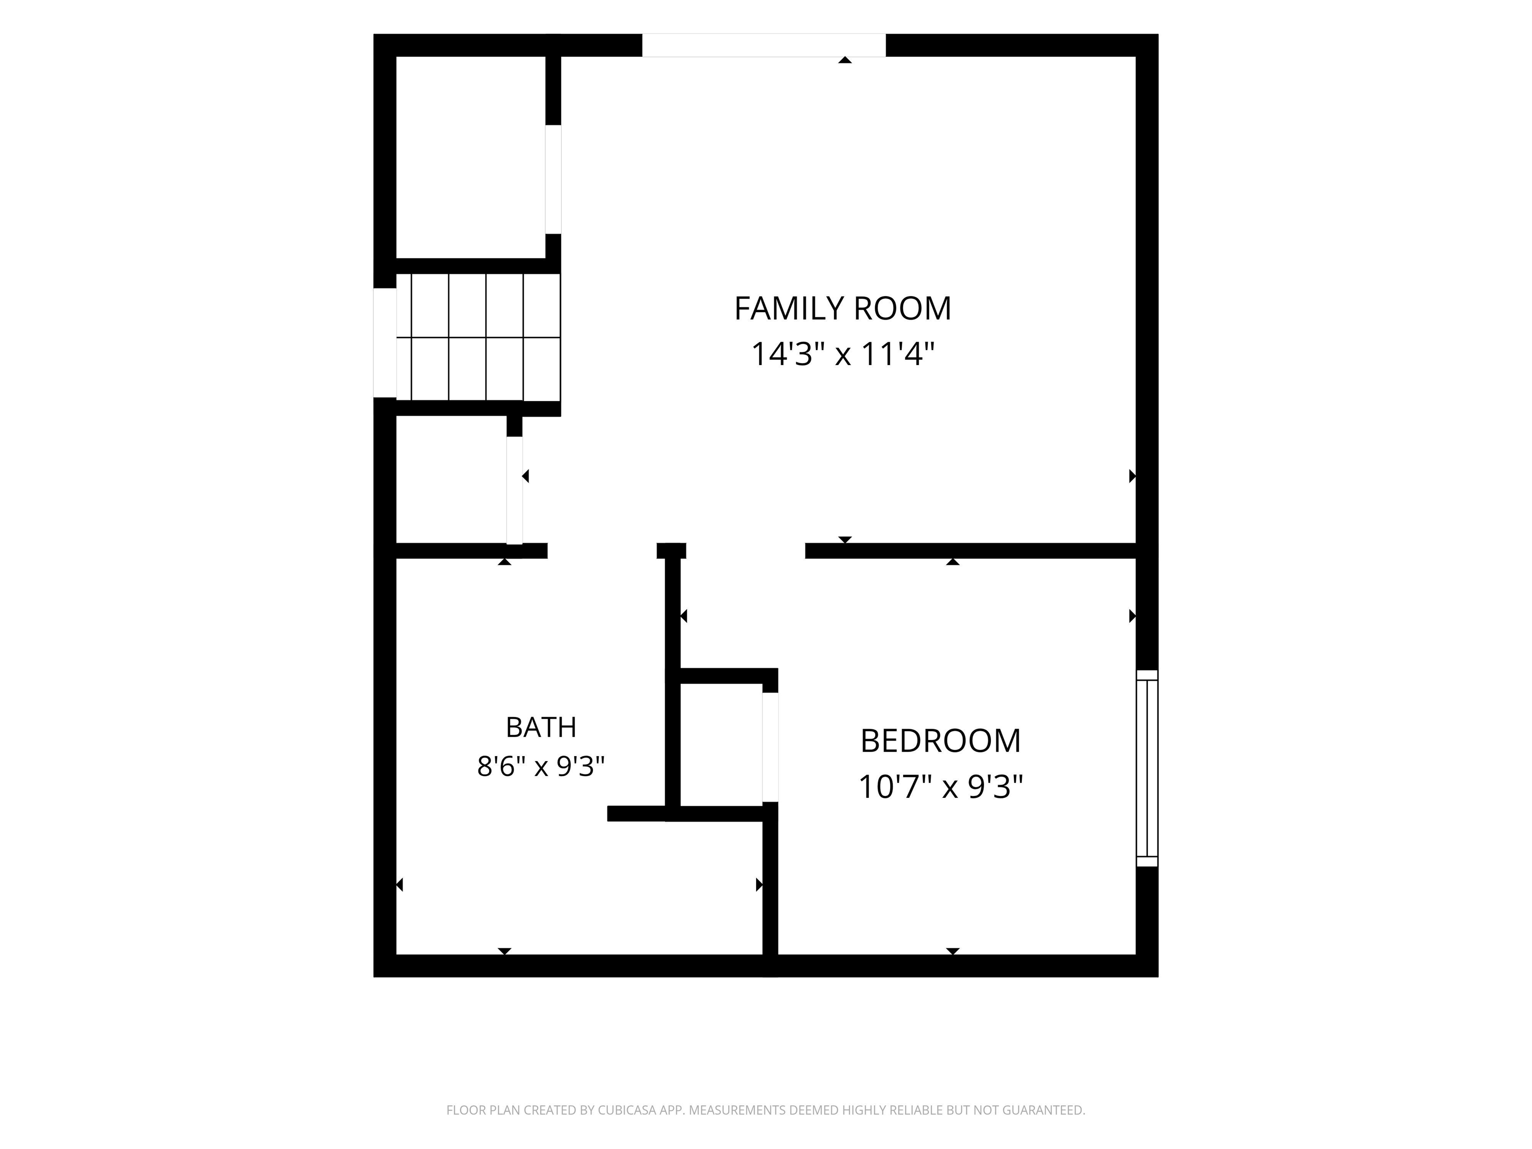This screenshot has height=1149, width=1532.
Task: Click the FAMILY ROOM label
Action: pyautogui.click(x=843, y=308)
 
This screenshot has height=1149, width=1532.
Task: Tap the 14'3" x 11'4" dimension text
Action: pyautogui.click(x=843, y=354)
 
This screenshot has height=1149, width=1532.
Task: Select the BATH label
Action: pyautogui.click(x=541, y=727)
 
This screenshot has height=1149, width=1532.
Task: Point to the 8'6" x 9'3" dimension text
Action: pyautogui.click(x=541, y=766)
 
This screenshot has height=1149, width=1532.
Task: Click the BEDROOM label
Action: pyautogui.click(x=941, y=741)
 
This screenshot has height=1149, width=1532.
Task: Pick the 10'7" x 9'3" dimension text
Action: pyautogui.click(x=941, y=787)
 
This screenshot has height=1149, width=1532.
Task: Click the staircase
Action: pyautogui.click(x=478, y=337)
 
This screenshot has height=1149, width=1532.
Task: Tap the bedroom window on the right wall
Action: pyautogui.click(x=1147, y=768)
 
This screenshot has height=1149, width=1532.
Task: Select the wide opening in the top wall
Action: pyautogui.click(x=764, y=45)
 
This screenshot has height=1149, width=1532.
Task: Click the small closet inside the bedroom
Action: pyautogui.click(x=721, y=745)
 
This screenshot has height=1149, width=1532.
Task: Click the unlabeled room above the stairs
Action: pyautogui.click(x=470, y=157)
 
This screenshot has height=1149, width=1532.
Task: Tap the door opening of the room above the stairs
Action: pyautogui.click(x=553, y=180)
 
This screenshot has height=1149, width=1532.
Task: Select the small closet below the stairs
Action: pyautogui.click(x=451, y=480)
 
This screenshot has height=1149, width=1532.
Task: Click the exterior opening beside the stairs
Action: pyautogui.click(x=385, y=343)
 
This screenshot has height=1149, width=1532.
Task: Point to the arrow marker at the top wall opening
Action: pyautogui.click(x=845, y=60)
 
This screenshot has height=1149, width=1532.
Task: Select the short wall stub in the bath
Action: pyautogui.click(x=636, y=814)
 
